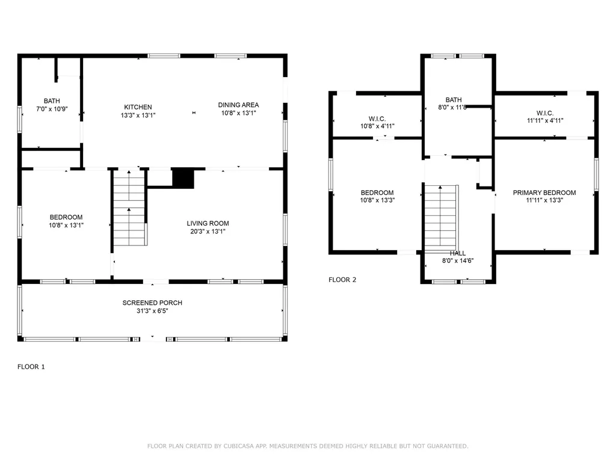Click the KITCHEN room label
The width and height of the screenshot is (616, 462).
click(138, 107)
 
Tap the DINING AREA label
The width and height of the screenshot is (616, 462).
click(238, 105)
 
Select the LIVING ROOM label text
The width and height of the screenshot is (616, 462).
click(208, 223)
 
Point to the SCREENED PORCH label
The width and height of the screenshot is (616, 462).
click(152, 303)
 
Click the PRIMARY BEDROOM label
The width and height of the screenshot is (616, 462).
click(544, 192)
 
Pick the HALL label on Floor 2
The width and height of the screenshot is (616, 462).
click(458, 253)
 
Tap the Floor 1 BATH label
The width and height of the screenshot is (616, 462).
click(52, 101)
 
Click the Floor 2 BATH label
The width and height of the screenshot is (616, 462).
click(454, 100)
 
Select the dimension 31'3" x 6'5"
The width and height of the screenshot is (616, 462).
click(152, 311)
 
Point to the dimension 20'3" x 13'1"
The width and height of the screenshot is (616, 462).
click(208, 232)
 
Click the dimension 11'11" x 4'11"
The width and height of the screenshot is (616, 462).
click(545, 120)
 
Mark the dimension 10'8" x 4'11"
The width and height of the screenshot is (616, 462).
click(378, 126)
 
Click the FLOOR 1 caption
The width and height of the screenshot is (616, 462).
click(31, 367)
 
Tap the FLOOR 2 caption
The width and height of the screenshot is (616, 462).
click(342, 280)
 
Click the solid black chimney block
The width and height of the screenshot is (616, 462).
click(183, 178)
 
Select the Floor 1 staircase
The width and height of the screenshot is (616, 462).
click(130, 208)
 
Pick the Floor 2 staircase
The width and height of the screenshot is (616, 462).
click(441, 218)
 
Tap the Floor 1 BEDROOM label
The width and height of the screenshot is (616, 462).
click(66, 217)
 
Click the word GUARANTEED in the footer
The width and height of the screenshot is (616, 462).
click(446, 446)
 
